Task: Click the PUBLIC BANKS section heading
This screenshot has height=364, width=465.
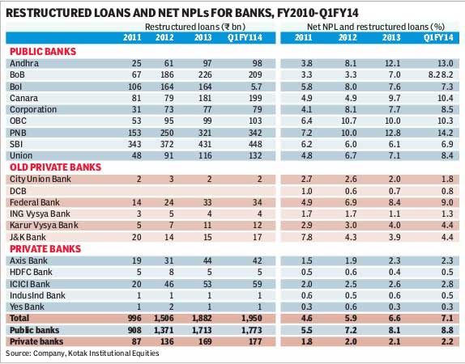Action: (43, 52)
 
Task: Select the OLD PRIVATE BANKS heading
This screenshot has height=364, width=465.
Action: (55, 167)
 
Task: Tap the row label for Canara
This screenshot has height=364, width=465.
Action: (24, 98)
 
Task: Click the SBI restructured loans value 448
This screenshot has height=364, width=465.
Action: (255, 144)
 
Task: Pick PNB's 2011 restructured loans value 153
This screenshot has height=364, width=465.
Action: (134, 133)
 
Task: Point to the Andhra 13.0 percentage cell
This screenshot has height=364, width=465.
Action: (446, 63)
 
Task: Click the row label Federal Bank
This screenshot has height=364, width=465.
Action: (35, 202)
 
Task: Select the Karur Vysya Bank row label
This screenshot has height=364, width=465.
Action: (44, 226)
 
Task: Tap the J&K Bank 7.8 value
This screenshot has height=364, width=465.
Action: (306, 237)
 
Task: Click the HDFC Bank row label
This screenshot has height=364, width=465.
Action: (31, 272)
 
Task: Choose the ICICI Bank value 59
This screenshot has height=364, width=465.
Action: (258, 284)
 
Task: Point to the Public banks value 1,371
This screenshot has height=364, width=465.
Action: (164, 330)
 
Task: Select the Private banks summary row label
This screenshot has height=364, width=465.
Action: (36, 341)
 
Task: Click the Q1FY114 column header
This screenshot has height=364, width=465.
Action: (245, 38)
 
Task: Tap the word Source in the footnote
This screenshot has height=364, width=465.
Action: (18, 353)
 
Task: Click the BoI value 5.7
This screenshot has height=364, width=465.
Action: (255, 87)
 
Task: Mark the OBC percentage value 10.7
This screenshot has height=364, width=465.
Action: (348, 121)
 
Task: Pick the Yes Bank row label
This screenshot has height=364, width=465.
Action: (27, 307)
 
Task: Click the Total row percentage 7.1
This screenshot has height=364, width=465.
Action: (447, 319)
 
